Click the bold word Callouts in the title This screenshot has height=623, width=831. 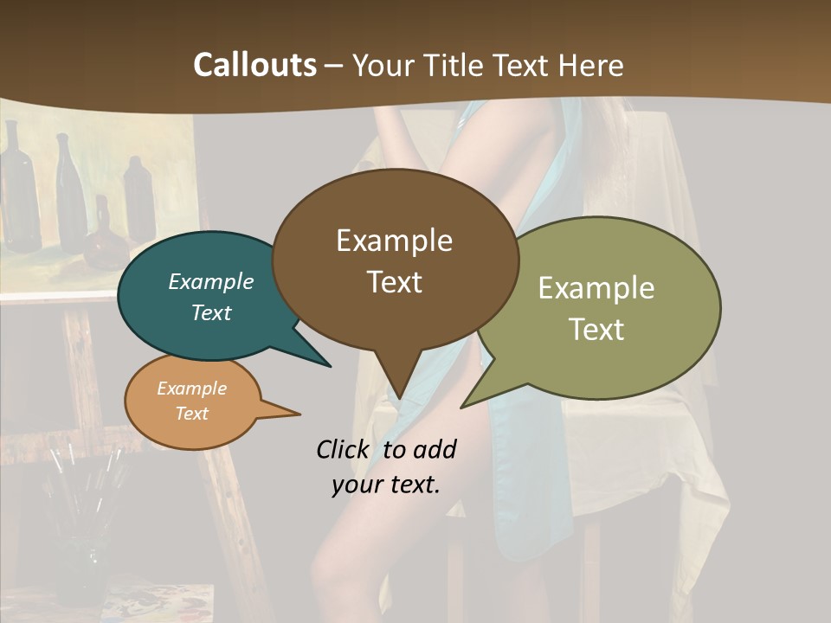tap(254, 65)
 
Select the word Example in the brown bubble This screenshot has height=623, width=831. tap(394, 241)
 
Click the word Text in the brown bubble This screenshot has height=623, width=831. tap(394, 282)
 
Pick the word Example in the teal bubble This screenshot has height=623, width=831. tap(211, 281)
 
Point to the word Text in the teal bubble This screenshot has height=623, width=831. tap(211, 312)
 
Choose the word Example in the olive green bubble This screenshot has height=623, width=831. tap(596, 288)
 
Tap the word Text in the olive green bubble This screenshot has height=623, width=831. tap(596, 329)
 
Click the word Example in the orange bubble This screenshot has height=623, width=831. tap(191, 389)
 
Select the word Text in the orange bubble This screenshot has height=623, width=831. tap(191, 414)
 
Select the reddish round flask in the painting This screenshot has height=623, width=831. tap(103, 242)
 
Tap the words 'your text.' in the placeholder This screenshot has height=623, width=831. tap(385, 485)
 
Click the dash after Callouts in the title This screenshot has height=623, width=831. tap(333, 65)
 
